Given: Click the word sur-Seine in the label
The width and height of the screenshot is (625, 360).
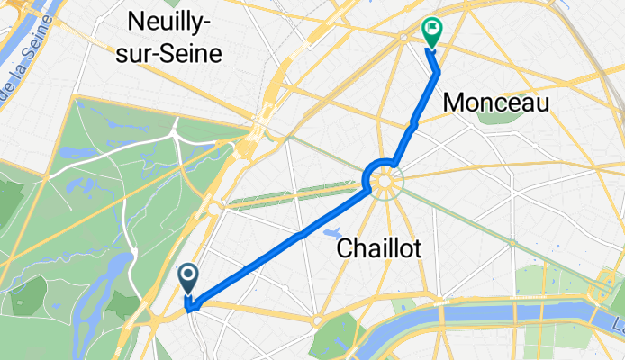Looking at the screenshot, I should click(x=176, y=53).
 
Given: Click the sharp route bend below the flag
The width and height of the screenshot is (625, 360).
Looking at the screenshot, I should click(x=438, y=72).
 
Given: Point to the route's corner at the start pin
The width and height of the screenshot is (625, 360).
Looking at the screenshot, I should click(x=192, y=307).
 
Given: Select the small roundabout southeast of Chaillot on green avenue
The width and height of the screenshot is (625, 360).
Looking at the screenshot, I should click(x=512, y=243).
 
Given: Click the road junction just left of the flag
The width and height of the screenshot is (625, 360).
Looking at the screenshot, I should click(x=403, y=35).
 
